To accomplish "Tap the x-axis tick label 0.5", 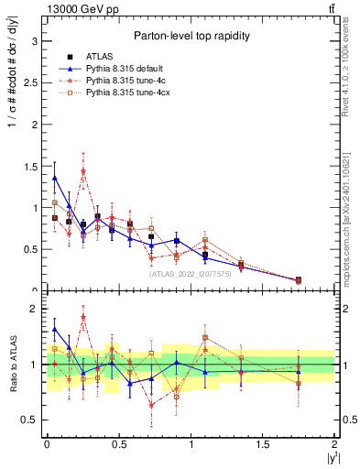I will pyautogui.click(x=118, y=444).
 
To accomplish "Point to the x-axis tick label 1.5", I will pyautogui.click(x=263, y=444).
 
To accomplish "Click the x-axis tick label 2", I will pyautogui.click(x=334, y=444).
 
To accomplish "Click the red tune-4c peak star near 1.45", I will pyautogui.click(x=83, y=171).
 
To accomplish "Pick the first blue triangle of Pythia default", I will pyautogui.click(x=55, y=178).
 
